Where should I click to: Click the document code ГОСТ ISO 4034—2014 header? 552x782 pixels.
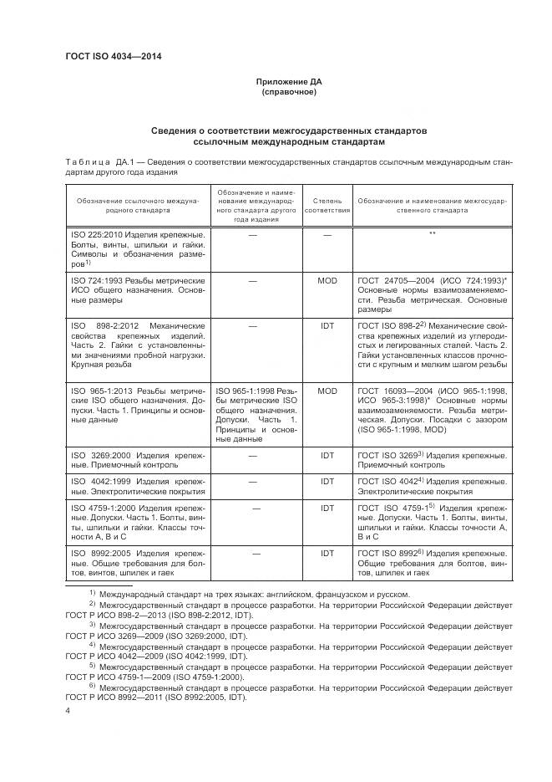[114, 56]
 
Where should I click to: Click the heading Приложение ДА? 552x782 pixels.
[289, 81]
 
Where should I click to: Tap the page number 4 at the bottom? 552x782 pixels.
[68, 710]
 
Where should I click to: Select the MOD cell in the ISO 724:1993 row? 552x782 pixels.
[327, 281]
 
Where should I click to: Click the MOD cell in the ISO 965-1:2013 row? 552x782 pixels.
[327, 390]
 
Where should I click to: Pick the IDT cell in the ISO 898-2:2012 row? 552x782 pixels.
[327, 326]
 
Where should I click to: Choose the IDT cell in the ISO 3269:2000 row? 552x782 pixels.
[327, 455]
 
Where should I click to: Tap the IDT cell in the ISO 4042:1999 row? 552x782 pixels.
[327, 482]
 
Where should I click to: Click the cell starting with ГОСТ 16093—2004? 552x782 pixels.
[433, 406]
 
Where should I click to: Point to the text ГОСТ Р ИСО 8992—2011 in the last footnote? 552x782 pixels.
[115, 698]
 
